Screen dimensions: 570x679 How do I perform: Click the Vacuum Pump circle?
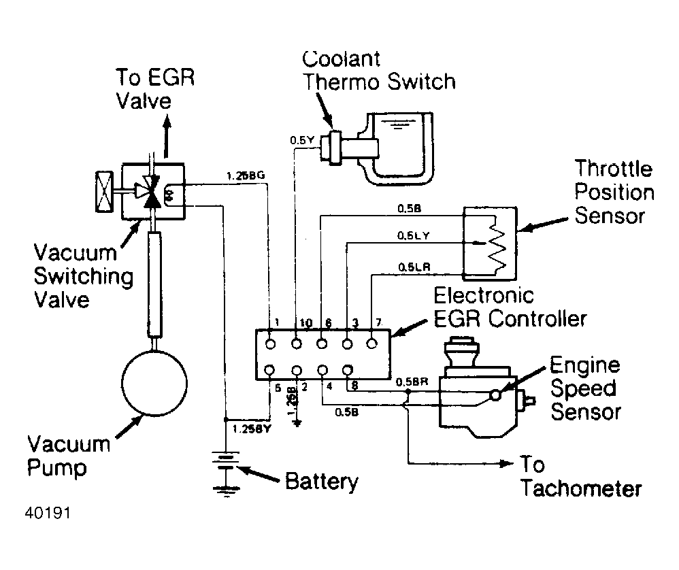pos(154,380)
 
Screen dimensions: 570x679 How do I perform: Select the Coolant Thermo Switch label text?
pos(378,70)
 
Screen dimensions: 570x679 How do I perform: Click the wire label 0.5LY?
pos(412,235)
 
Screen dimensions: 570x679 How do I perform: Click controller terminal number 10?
pos(297,322)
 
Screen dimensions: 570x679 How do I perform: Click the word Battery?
pos(321,482)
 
